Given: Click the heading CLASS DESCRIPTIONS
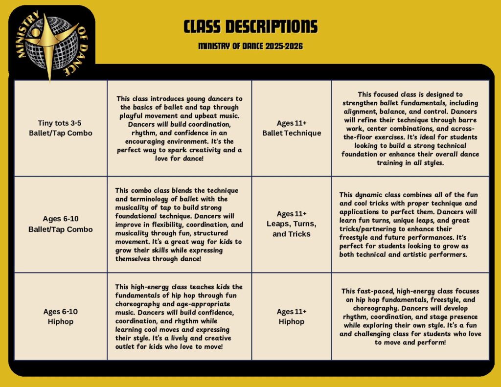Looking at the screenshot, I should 250,26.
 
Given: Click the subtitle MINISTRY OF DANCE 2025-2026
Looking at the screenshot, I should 250,46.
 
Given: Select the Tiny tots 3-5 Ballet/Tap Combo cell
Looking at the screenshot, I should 60,128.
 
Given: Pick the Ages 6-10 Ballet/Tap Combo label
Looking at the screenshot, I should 60,224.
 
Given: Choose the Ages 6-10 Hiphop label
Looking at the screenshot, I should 60,317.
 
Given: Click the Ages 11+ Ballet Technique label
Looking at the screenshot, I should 292,128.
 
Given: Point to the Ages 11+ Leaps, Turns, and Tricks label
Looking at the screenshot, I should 292,224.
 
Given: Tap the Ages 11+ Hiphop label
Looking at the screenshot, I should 292,317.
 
